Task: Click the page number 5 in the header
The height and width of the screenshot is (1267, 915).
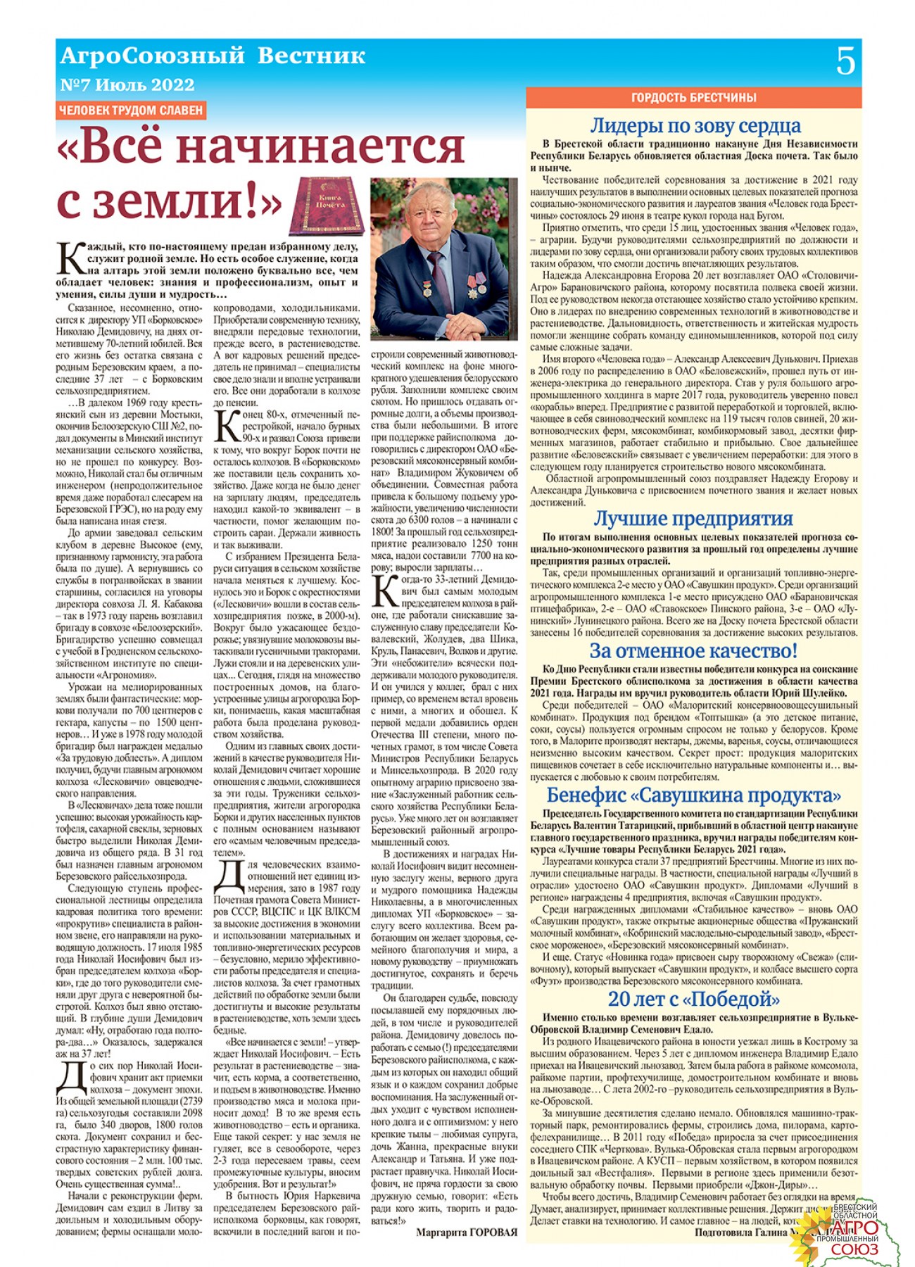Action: point(845,61)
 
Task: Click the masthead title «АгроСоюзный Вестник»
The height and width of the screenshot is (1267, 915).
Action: point(213,56)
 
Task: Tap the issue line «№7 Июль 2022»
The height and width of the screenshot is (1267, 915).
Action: point(127,85)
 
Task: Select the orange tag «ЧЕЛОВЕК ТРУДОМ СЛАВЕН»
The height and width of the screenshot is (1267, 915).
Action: point(131,110)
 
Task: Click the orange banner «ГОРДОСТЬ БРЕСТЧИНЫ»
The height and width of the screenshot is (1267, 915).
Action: point(693,97)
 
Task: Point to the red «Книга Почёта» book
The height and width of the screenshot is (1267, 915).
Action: point(328,205)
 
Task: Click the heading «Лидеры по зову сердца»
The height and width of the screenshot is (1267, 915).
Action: point(695,125)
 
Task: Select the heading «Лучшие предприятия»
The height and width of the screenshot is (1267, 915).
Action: point(693,518)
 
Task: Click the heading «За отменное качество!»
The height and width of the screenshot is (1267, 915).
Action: point(693,650)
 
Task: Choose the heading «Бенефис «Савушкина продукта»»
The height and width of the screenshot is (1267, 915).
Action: point(693,795)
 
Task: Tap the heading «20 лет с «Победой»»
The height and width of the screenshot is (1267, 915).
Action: point(693,1000)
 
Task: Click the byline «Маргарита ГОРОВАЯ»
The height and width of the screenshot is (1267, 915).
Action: point(466,1233)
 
